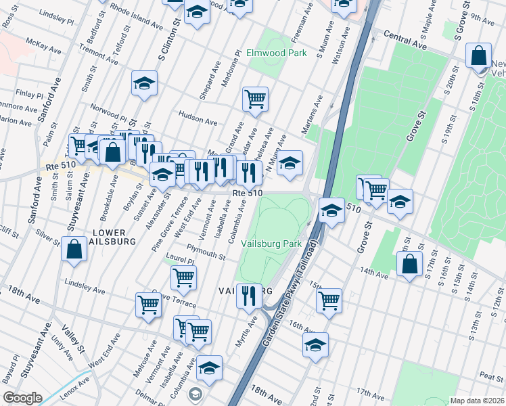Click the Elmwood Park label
pyautogui.click(x=277, y=53)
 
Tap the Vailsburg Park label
pyautogui.click(x=273, y=244)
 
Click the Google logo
pyautogui.click(x=22, y=398)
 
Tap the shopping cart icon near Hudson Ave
pyautogui.click(x=255, y=99)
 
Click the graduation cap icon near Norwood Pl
pyautogui.click(x=144, y=84)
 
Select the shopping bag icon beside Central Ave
pyautogui.click(x=478, y=57)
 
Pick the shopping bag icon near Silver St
pyautogui.click(x=74, y=249)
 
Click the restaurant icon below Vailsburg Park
pyautogui.click(x=249, y=296)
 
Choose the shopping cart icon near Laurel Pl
pyautogui.click(x=183, y=277)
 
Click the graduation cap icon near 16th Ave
pyautogui.click(x=315, y=345)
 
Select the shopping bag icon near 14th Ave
pyautogui.click(x=409, y=265)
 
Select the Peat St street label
pyautogui.click(x=489, y=375)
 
